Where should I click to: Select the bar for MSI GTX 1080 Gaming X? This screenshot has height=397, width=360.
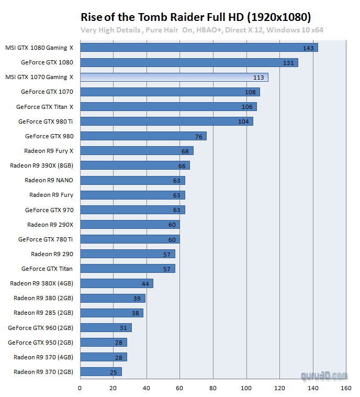[x=198, y=48]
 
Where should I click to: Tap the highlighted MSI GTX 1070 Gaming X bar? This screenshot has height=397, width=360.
[x=174, y=77]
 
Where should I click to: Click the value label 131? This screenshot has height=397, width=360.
[x=288, y=63]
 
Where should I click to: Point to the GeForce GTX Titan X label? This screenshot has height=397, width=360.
[x=44, y=107]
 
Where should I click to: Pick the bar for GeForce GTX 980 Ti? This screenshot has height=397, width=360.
[x=166, y=122]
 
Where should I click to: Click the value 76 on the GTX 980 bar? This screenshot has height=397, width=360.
[x=199, y=137]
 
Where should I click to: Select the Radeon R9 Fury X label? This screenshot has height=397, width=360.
[x=49, y=151]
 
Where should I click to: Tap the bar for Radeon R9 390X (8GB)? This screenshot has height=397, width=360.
[x=134, y=166]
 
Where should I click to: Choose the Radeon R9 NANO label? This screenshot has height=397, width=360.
[x=49, y=180]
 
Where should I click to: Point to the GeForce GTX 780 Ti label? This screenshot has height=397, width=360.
[x=46, y=239]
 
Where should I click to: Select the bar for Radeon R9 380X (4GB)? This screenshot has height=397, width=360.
[x=116, y=283]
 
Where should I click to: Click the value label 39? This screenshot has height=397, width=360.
[x=137, y=299]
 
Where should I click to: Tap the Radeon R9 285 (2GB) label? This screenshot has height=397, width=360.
[x=43, y=313]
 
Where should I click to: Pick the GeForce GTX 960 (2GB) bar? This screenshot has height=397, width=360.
[x=105, y=328]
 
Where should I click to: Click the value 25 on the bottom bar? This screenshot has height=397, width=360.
[x=114, y=372]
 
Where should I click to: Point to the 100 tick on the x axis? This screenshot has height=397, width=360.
[x=246, y=388]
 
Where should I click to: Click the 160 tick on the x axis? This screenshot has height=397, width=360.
[x=346, y=388]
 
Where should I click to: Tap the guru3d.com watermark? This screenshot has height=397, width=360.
[x=324, y=376]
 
